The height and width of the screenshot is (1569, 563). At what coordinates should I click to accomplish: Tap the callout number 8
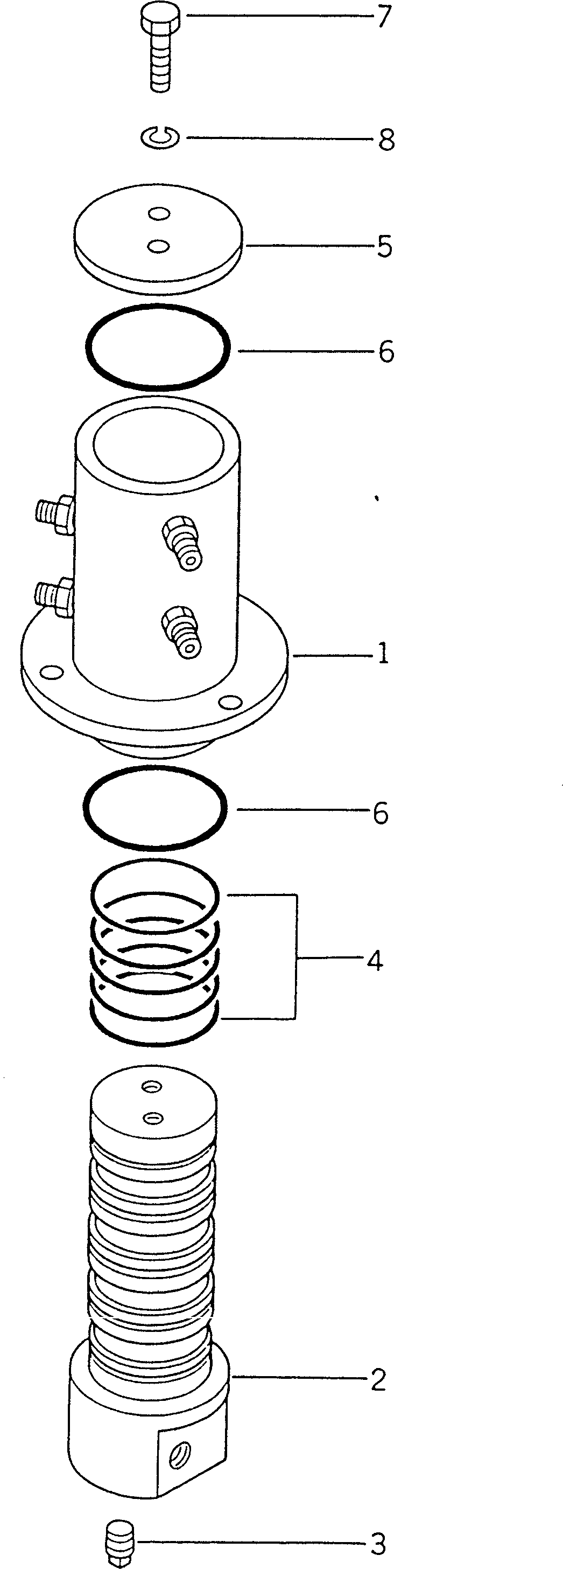(x=386, y=140)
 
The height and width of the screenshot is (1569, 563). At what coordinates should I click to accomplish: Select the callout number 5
(x=384, y=247)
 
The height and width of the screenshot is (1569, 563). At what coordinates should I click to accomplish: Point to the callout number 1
(x=383, y=654)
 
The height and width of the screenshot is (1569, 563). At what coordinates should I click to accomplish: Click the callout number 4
(x=375, y=961)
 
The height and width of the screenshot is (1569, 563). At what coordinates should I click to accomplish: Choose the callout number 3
(x=378, y=1544)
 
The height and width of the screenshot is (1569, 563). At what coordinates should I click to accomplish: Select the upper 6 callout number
(x=386, y=351)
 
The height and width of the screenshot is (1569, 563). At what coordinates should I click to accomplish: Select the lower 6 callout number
(x=381, y=813)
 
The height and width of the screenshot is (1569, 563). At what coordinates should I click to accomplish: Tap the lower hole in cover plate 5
(x=159, y=246)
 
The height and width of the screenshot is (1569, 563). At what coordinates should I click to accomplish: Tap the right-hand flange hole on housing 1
(x=230, y=703)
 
